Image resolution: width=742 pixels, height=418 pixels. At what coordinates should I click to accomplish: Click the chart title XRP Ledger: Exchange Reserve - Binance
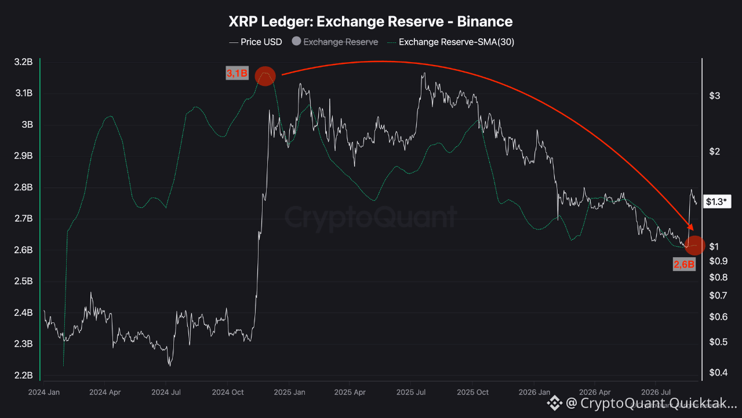tap(370, 21)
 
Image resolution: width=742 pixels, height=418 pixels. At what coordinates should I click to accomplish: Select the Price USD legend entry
tap(256, 42)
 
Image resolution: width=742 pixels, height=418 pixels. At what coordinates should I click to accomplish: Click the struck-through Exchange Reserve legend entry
tap(335, 42)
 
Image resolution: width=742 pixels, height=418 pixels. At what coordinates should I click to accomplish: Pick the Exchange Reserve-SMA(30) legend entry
tap(451, 42)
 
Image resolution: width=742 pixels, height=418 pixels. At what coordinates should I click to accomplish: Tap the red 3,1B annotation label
tap(237, 73)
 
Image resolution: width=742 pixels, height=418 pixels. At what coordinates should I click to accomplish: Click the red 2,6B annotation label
tap(684, 264)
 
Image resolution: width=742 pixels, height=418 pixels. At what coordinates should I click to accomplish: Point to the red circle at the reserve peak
tap(265, 76)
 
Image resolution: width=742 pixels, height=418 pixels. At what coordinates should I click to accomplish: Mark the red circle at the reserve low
tap(694, 246)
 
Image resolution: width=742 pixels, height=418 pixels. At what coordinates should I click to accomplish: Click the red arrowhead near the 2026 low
tap(690, 227)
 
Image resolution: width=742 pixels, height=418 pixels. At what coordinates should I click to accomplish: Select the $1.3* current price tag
tap(717, 201)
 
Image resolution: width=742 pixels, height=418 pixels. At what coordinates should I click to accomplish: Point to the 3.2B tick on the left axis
tap(24, 62)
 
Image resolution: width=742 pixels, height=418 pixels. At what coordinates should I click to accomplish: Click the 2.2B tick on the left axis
tap(24, 375)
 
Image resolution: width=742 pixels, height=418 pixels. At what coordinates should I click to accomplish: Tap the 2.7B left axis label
tap(24, 219)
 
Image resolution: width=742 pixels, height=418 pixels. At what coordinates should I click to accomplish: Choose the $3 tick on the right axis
tap(715, 96)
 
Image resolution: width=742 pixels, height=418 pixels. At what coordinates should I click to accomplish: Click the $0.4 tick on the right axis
tap(718, 373)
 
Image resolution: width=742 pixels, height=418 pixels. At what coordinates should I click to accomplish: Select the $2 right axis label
tap(715, 152)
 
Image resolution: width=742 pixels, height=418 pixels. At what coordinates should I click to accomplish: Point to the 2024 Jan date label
tap(43, 392)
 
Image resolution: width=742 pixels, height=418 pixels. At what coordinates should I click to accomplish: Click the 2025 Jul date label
tap(411, 392)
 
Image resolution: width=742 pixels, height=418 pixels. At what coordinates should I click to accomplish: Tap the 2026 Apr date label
tap(595, 392)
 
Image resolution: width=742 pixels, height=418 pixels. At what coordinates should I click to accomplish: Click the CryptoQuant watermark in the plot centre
tap(370, 217)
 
